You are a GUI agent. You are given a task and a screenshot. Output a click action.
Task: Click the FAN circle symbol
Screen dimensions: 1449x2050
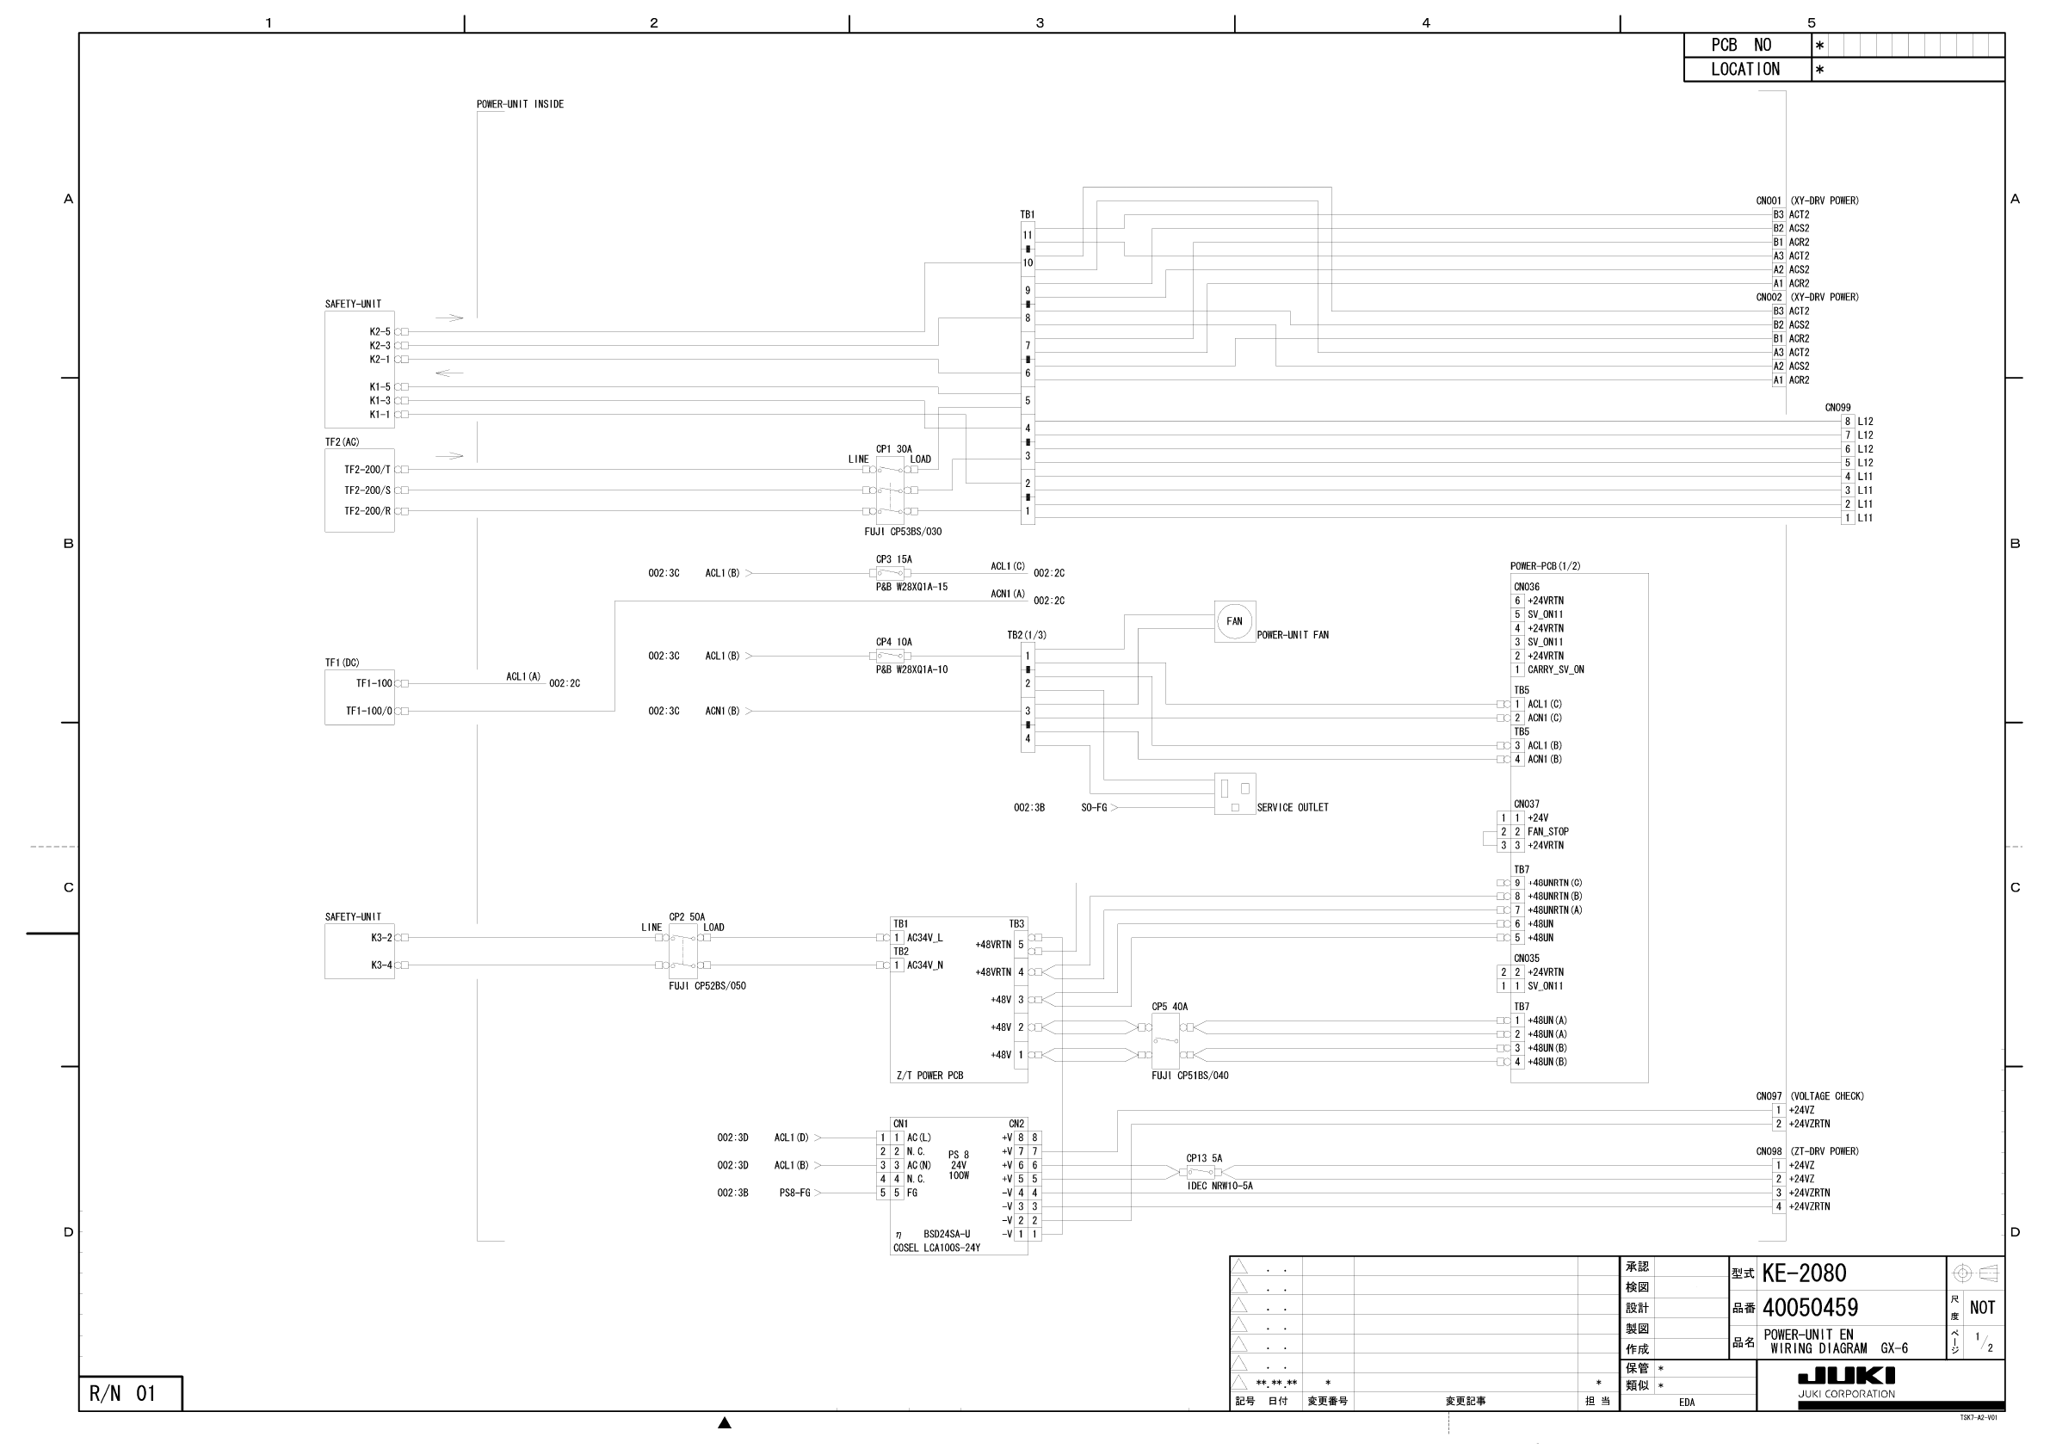[x=1234, y=621]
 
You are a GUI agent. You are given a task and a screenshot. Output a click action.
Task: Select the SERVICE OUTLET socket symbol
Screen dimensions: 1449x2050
[x=1235, y=793]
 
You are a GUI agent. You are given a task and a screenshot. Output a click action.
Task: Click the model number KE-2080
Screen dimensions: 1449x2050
[x=1804, y=1273]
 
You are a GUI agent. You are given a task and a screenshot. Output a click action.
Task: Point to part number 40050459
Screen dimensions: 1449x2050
[x=1810, y=1308]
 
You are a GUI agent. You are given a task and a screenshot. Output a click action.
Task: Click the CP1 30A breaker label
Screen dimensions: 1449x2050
[x=893, y=449]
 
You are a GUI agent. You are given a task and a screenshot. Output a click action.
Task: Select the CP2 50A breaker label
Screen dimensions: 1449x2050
[x=687, y=917]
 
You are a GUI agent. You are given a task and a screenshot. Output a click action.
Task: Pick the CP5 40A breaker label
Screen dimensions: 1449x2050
[x=1170, y=1007]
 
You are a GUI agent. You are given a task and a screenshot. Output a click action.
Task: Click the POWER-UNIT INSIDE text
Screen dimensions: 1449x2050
[x=520, y=104]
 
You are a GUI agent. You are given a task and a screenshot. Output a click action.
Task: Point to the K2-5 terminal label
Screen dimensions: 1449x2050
[x=380, y=332]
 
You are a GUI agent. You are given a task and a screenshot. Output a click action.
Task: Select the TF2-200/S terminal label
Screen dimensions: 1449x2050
[x=367, y=491]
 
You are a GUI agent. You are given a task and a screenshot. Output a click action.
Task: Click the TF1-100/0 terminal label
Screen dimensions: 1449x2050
[x=368, y=712]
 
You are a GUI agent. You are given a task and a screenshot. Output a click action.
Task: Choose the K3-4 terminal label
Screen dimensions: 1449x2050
[x=381, y=965]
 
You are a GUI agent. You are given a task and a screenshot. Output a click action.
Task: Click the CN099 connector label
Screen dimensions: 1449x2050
[x=1837, y=408]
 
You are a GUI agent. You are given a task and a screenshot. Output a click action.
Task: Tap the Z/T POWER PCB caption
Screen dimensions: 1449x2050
[x=929, y=1076]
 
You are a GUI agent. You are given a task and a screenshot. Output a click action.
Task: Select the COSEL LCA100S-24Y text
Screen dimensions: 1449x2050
[x=936, y=1249]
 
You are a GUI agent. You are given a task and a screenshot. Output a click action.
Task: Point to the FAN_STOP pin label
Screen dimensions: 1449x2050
[x=1547, y=832]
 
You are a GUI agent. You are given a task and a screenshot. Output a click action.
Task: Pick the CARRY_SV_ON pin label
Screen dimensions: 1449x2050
[x=1555, y=669]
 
